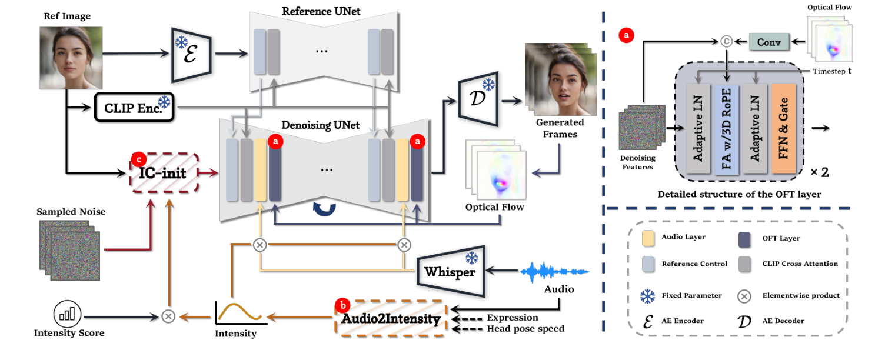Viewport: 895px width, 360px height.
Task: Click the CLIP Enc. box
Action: [134, 107]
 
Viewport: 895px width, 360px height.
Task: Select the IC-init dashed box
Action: [164, 173]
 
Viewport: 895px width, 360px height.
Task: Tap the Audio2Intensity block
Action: [391, 319]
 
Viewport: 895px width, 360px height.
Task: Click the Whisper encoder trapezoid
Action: [450, 271]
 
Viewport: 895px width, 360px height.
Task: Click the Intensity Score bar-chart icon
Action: [67, 315]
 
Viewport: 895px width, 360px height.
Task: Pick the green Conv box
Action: [768, 42]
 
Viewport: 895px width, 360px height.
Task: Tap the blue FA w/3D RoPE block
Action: [727, 127]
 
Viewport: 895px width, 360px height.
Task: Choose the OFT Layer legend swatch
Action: [744, 238]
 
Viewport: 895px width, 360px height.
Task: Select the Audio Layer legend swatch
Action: [647, 238]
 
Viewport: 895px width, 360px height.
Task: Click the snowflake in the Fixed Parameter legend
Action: [647, 295]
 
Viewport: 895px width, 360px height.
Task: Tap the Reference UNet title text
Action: [321, 11]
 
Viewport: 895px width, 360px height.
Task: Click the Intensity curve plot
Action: [240, 312]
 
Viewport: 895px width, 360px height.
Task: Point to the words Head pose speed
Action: [525, 329]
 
